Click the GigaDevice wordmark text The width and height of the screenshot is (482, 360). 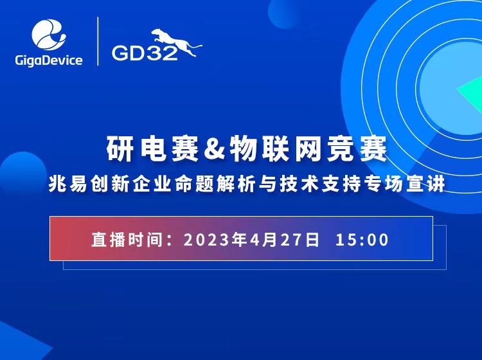(x=49, y=60)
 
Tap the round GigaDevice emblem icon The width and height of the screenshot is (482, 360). (x=49, y=35)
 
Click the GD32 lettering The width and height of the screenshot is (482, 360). (x=145, y=53)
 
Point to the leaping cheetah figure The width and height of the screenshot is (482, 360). (x=177, y=42)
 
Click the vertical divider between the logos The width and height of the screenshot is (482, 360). (x=98, y=41)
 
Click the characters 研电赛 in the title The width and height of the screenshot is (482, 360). (x=153, y=149)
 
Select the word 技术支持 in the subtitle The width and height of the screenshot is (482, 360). (x=319, y=184)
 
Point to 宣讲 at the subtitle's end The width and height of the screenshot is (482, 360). (x=425, y=184)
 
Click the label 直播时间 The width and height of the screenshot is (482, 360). (x=127, y=240)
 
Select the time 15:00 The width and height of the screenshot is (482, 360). (x=362, y=240)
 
